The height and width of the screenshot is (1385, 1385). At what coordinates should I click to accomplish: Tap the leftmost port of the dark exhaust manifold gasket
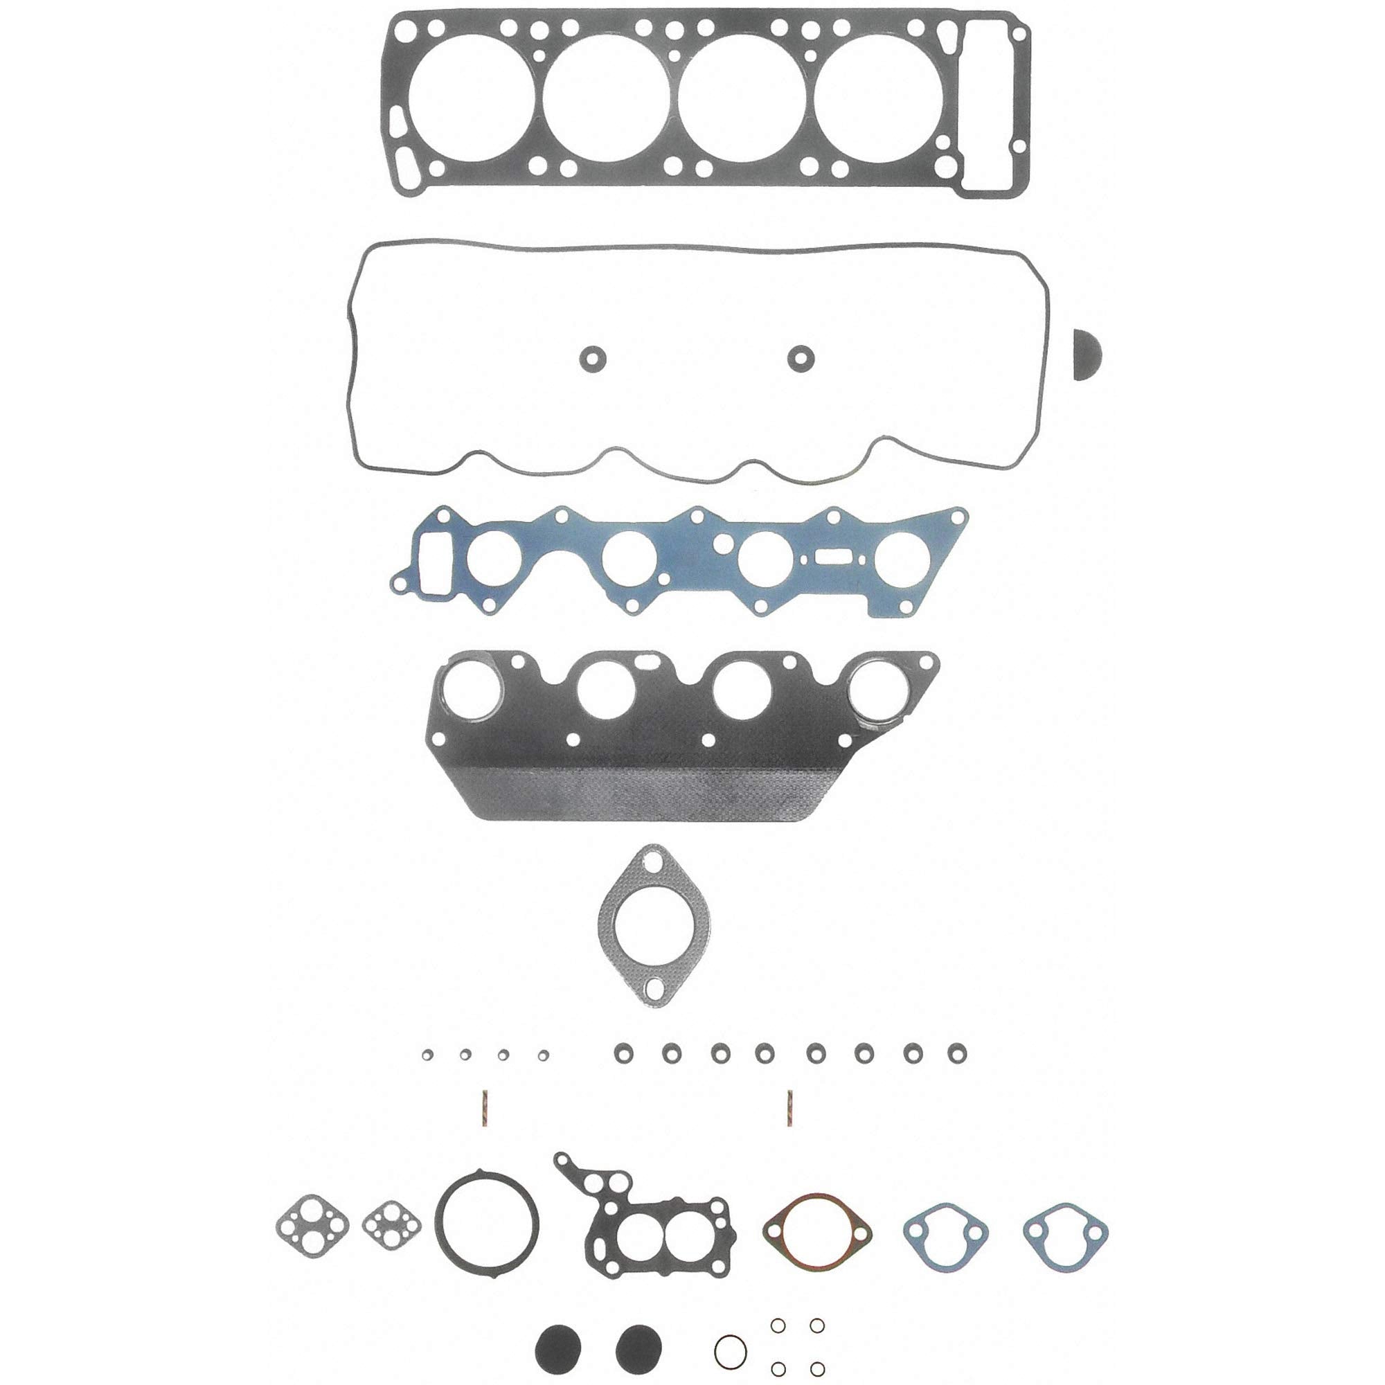pyautogui.click(x=471, y=691)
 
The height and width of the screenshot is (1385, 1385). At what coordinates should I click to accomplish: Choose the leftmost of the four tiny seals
pyautogui.click(x=427, y=1054)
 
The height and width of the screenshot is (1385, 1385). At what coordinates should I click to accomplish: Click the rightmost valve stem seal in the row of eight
pyautogui.click(x=956, y=1053)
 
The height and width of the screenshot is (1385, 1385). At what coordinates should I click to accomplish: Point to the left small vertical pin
pyautogui.click(x=485, y=1109)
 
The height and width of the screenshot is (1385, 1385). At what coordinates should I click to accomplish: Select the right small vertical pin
pyautogui.click(x=789, y=1108)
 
